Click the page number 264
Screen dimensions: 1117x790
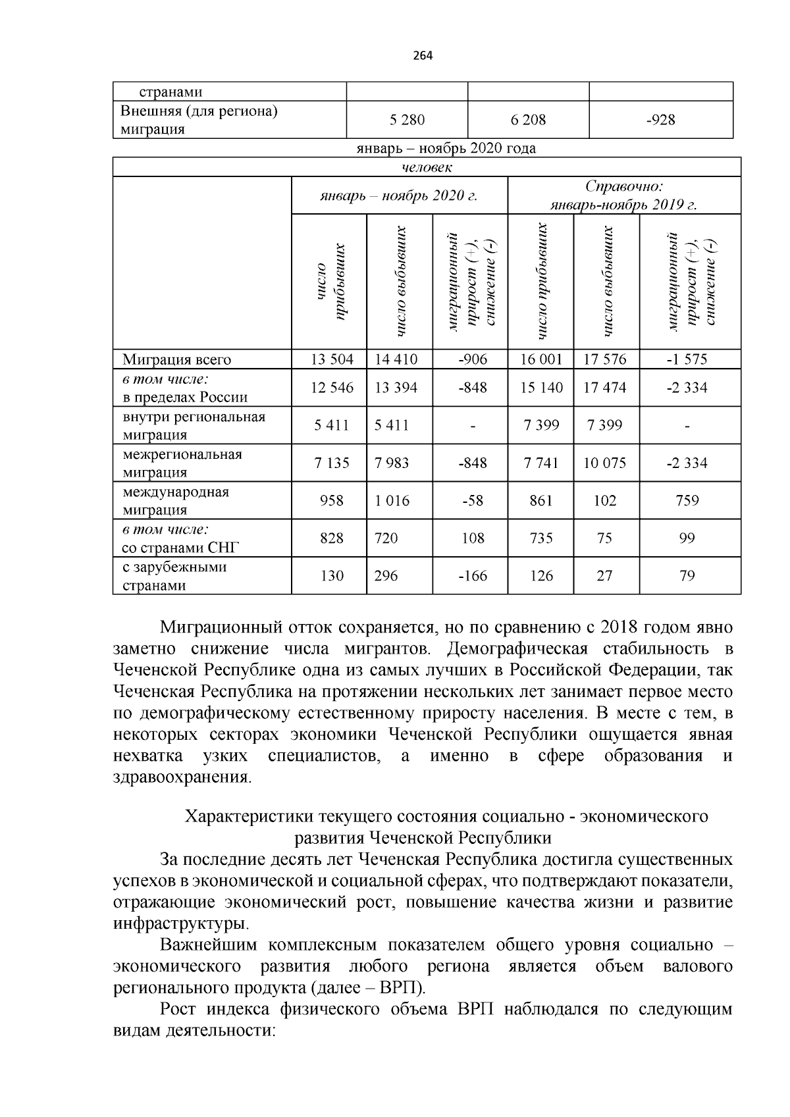[x=423, y=55]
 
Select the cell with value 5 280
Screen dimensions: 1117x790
[x=407, y=120]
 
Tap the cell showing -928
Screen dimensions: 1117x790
[x=660, y=120]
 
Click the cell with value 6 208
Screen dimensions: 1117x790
[x=528, y=120]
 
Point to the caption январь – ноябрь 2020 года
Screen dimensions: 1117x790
[x=446, y=149]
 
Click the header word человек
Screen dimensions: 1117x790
[x=427, y=167]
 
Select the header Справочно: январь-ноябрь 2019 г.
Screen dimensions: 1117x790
[x=623, y=195]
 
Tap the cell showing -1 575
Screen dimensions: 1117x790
[x=687, y=359]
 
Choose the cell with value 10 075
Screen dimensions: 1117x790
[x=604, y=463]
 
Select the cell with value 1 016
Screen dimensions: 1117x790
[x=392, y=501]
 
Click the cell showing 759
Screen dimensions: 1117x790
[x=687, y=501]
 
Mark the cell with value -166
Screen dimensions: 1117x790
[x=472, y=576]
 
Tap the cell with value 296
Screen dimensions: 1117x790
[x=386, y=576]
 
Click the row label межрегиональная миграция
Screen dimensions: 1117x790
[x=182, y=463]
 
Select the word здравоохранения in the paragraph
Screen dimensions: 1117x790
[x=181, y=777]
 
